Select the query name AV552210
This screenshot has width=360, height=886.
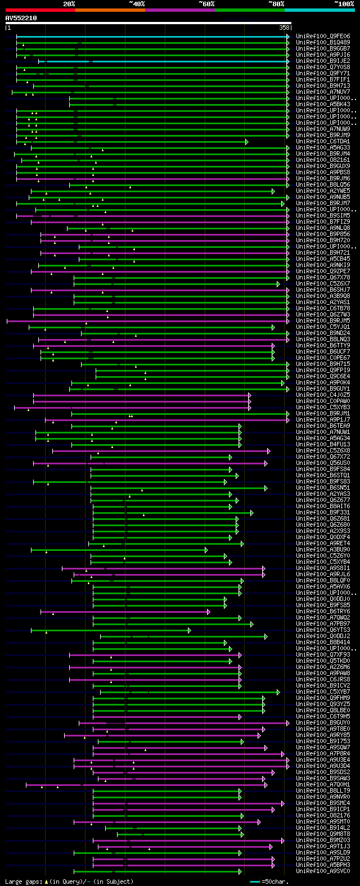tap(21, 18)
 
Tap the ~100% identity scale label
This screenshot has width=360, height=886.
tap(344, 3)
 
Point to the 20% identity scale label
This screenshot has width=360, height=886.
tap(69, 3)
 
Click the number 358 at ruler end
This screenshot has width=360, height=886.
tap(284, 28)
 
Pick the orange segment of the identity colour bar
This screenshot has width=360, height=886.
tap(110, 10)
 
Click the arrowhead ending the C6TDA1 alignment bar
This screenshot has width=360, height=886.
tap(246, 142)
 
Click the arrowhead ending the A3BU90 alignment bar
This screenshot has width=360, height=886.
tap(206, 550)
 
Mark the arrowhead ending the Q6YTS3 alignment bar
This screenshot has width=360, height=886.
tap(190, 630)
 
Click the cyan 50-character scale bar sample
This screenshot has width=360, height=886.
tap(255, 882)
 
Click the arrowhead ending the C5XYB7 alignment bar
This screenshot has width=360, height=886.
tap(278, 692)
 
